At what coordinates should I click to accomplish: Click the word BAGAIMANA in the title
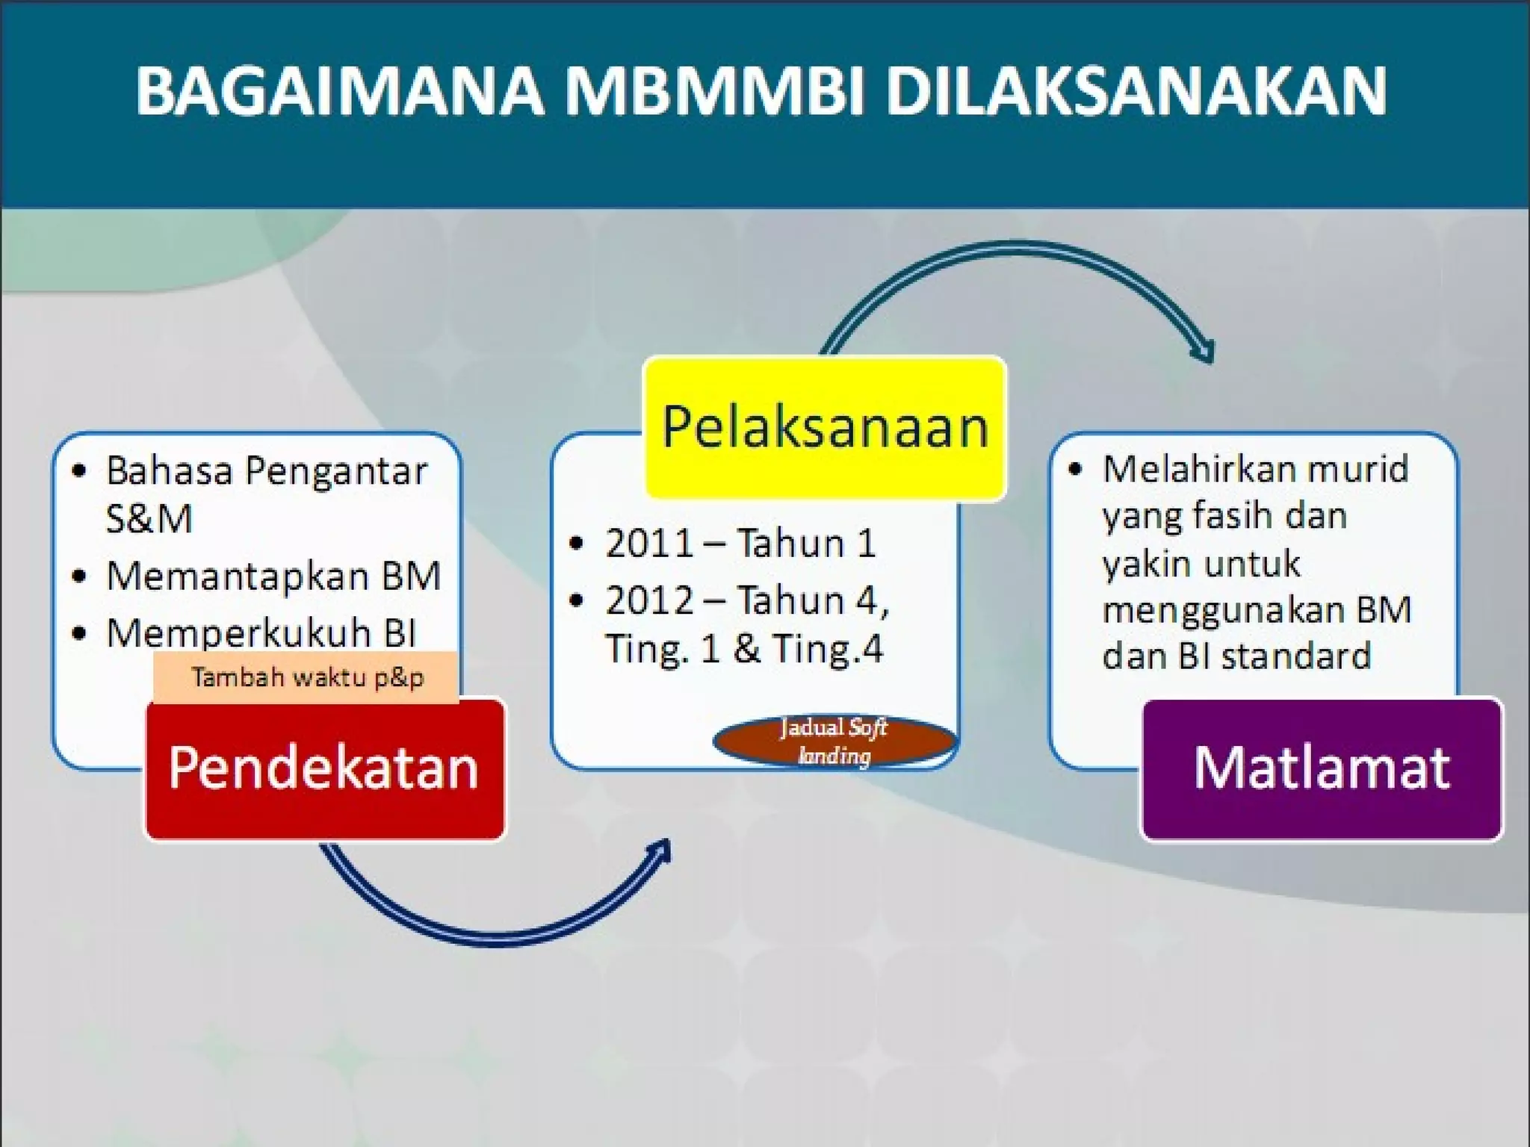point(340,91)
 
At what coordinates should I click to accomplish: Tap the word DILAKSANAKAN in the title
point(1136,91)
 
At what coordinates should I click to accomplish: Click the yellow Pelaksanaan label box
point(825,427)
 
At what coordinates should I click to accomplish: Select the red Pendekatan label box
point(324,768)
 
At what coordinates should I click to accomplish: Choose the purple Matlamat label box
point(1321,768)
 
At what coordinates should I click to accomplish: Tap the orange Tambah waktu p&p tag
point(306,677)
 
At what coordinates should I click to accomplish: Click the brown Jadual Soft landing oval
point(834,741)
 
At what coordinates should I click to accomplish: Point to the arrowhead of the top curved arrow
point(1204,352)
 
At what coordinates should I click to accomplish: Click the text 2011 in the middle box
point(649,544)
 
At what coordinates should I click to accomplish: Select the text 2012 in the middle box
point(649,600)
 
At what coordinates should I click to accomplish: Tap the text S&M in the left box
point(149,519)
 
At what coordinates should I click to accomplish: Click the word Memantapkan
point(239,576)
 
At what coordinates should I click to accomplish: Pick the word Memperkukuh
point(239,633)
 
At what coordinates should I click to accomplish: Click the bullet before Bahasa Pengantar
point(79,471)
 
